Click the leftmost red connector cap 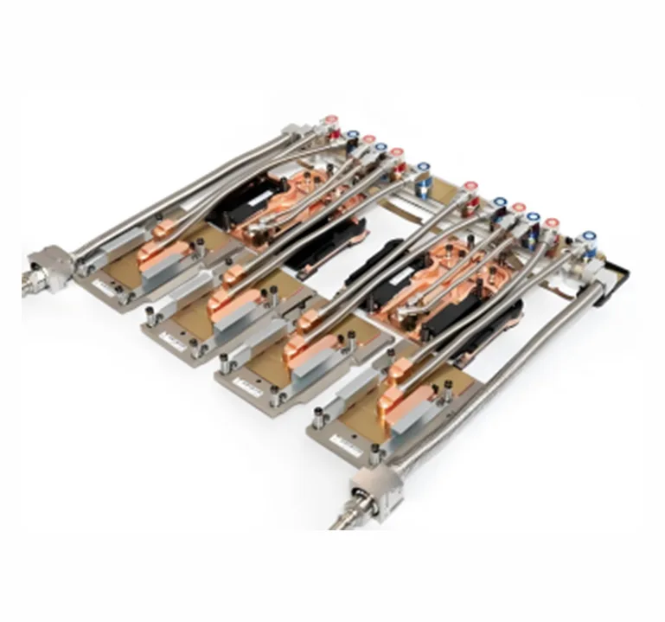point(329,122)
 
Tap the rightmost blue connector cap point(590,234)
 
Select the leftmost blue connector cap point(353,135)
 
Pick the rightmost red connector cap point(552,223)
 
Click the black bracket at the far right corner point(616,273)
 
